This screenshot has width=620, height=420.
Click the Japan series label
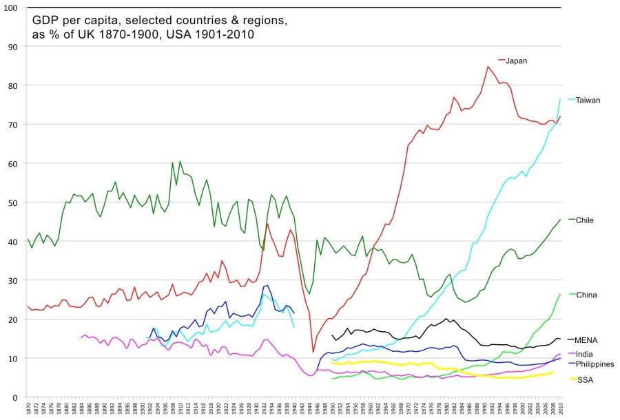pos(516,61)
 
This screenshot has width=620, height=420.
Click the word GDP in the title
pos(45,21)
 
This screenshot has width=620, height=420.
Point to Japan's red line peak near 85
pos(487,67)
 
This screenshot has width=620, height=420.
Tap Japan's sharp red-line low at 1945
pos(313,352)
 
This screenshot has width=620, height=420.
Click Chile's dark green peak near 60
pos(172,162)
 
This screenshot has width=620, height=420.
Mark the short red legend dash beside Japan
pos(502,61)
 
